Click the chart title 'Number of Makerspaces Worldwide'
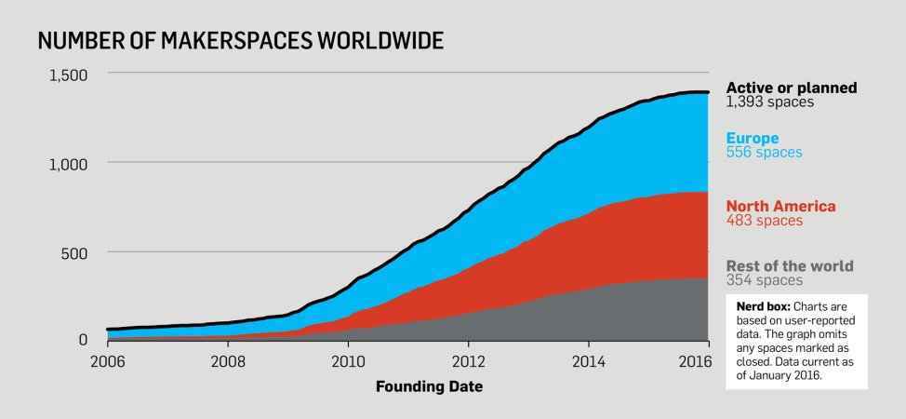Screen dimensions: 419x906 coord(240,41)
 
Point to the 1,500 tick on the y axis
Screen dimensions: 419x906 coord(68,74)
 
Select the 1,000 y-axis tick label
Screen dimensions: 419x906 coord(68,164)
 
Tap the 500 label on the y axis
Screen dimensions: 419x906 coord(74,252)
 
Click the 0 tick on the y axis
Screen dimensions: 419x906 coord(83,341)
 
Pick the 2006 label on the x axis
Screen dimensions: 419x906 coord(106,361)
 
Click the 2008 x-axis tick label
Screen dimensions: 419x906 coord(227,361)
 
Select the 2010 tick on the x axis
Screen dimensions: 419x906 coord(348,361)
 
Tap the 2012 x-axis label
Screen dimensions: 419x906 coord(469,361)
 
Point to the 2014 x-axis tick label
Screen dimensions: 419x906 coord(589,361)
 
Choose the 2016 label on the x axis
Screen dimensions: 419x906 coord(708,361)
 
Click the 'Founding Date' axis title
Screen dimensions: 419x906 coord(429,385)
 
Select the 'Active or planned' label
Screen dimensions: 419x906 coord(792,88)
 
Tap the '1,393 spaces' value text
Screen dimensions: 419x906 coord(770,102)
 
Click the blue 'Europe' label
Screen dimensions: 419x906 coord(753,139)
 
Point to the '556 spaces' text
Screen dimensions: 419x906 coord(764,153)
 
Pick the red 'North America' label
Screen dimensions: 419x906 coord(780,207)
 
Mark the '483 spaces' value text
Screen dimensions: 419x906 coord(764,221)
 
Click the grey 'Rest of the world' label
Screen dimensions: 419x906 coord(790,266)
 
